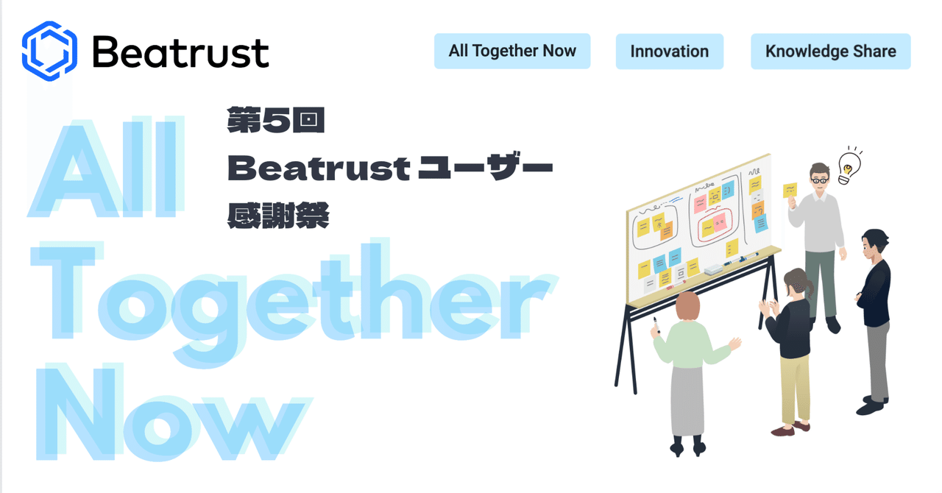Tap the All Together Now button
coord(512,51)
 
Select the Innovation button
coord(669,52)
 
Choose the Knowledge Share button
coord(830,52)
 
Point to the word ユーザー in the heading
coord(485,169)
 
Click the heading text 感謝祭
coord(277,216)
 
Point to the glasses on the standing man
coord(819,179)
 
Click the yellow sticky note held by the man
coord(790,190)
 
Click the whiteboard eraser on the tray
coord(715,269)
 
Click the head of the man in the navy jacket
coord(876,243)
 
